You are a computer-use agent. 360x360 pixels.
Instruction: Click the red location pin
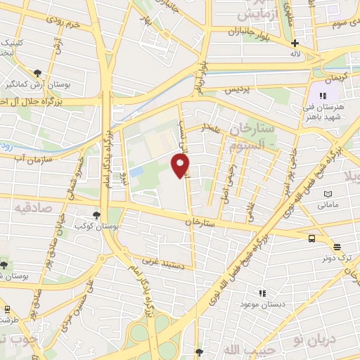pos(181,165)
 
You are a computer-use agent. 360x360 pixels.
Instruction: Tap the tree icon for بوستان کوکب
pos(96,216)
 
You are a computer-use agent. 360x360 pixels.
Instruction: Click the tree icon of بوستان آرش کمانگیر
pos(37,72)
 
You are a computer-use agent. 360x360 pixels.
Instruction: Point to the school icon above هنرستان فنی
pos(323,96)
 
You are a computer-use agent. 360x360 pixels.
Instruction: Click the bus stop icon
pos(311,238)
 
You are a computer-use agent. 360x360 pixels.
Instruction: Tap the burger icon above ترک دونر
pos(337,247)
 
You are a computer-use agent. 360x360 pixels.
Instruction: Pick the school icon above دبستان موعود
pos(262,293)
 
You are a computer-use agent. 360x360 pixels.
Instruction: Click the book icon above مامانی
pos(327,194)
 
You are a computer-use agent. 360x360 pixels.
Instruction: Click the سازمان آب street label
pos(34,157)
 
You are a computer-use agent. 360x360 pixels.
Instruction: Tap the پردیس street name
pos(237,91)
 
